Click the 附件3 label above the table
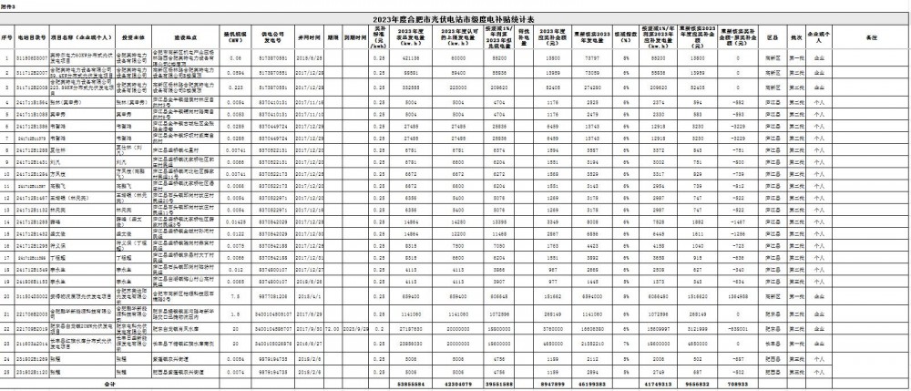coord(8,5)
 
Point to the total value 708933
coord(740,385)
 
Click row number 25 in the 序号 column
coord(5,372)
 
